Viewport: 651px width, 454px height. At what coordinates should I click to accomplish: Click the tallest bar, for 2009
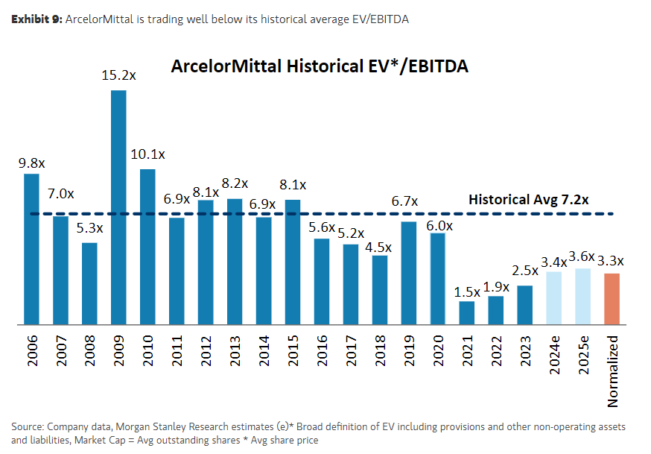(x=118, y=207)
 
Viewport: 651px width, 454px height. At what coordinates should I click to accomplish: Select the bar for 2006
(x=31, y=249)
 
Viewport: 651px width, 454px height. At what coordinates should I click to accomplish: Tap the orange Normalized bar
(x=612, y=299)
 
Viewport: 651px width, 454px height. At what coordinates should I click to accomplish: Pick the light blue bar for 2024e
(x=553, y=298)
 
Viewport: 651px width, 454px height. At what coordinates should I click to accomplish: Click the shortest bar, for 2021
(x=466, y=313)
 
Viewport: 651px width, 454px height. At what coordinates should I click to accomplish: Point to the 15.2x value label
(x=118, y=75)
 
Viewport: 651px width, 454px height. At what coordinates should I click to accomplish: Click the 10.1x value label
(x=147, y=154)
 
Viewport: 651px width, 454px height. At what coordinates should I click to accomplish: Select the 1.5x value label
(x=466, y=291)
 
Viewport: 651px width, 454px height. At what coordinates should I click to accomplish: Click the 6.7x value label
(x=405, y=201)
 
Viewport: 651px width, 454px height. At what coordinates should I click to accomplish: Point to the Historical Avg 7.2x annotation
(x=529, y=200)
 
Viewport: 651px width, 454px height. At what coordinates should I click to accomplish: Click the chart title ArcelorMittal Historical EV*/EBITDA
(x=319, y=66)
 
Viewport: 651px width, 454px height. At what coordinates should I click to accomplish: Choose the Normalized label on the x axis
(x=612, y=370)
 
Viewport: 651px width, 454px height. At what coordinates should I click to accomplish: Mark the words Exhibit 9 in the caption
(x=36, y=19)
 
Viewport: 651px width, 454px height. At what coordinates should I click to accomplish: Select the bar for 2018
(x=380, y=290)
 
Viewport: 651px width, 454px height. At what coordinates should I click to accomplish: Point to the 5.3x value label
(x=89, y=228)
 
